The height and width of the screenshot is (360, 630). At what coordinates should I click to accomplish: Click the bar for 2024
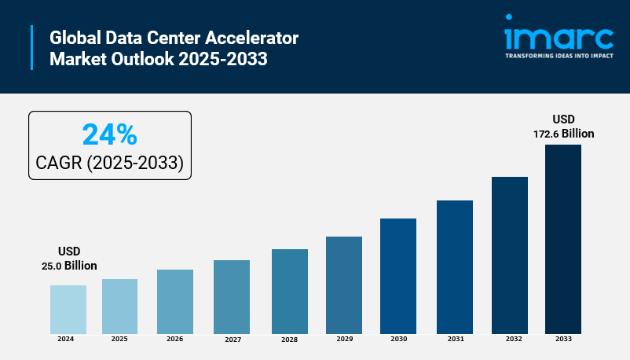(68, 309)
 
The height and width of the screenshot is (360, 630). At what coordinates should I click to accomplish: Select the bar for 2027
(232, 296)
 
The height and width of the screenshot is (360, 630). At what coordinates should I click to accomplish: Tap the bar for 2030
(398, 276)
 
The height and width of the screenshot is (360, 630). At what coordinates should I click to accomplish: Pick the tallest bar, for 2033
(563, 239)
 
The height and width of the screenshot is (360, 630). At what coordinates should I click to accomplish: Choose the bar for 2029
(344, 285)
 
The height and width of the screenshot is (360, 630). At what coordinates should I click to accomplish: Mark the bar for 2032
(510, 255)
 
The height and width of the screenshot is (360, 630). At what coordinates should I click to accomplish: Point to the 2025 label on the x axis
(119, 339)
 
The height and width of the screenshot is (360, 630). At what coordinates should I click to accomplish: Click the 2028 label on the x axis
(290, 340)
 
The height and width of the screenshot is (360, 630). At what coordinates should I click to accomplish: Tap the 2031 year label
(455, 339)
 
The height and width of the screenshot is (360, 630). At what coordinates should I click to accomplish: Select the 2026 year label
(175, 339)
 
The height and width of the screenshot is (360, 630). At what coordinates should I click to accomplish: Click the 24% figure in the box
(109, 135)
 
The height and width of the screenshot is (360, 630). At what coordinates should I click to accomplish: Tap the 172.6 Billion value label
(563, 134)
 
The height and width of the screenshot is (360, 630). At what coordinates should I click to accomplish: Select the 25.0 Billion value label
(69, 266)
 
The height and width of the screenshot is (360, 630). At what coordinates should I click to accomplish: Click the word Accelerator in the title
(255, 38)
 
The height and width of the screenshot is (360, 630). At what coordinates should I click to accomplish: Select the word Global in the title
(73, 38)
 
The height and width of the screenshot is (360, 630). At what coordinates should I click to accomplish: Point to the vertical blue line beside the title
(32, 47)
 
